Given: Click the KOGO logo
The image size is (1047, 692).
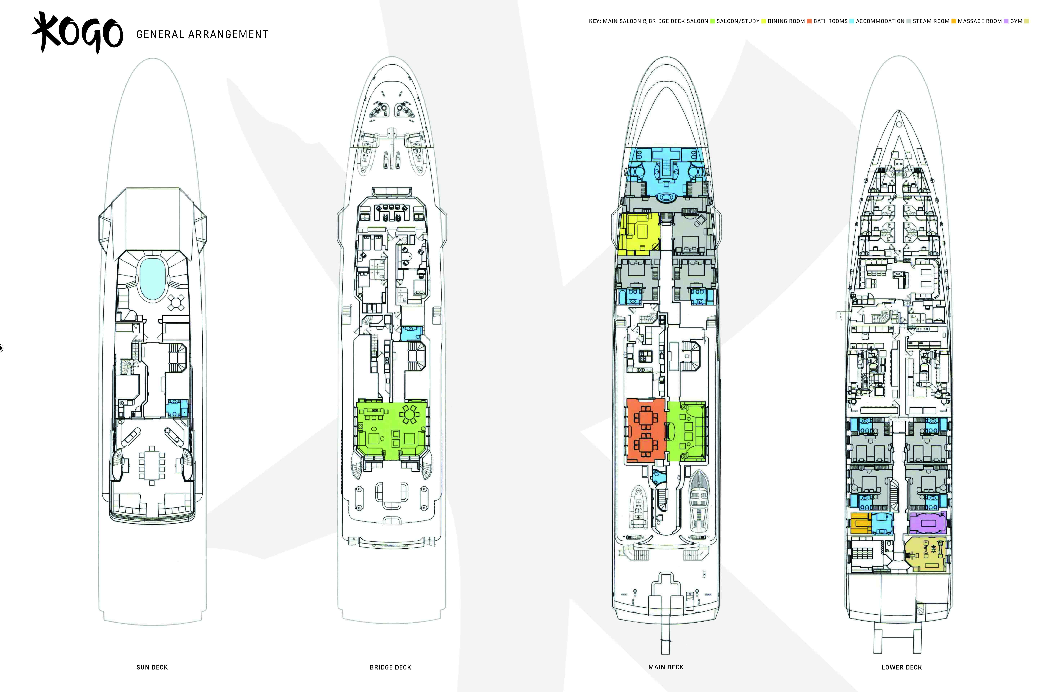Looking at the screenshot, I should (77, 33).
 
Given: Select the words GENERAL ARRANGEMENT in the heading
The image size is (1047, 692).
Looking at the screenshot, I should (202, 34).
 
